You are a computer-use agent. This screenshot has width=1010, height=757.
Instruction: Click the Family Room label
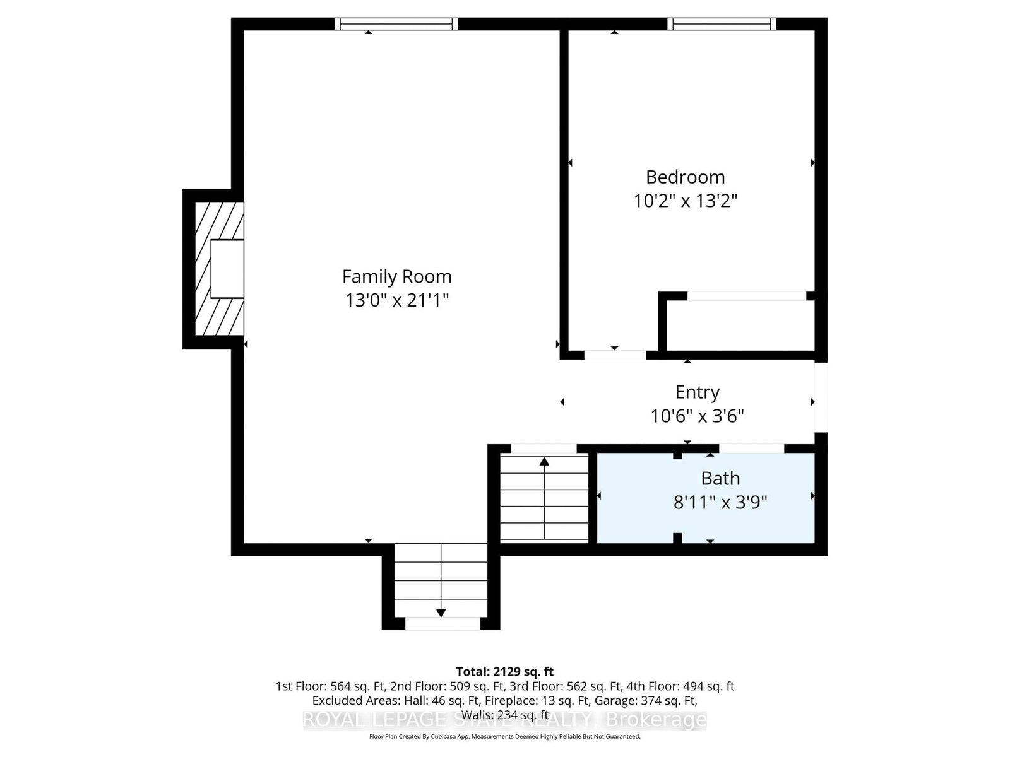pos(396,276)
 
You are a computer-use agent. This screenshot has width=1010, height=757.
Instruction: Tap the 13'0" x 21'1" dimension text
pos(396,300)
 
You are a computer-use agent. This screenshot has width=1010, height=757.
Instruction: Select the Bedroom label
pos(685,177)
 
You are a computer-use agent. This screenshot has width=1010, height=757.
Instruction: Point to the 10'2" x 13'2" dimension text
pos(685,201)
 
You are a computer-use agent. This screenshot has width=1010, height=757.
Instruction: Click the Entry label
pos(697,392)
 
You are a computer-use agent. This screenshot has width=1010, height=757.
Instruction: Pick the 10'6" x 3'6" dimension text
pos(697,416)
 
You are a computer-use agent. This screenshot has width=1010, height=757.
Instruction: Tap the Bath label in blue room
pos(720,479)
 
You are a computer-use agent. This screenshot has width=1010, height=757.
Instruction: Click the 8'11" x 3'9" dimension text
pos(720,503)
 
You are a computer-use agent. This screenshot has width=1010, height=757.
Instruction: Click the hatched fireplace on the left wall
pos(218,269)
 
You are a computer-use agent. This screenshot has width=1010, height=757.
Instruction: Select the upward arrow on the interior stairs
pos(544,462)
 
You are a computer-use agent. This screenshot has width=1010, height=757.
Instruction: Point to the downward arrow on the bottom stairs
pos(441,612)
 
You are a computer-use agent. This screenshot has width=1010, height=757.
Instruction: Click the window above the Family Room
pos(396,24)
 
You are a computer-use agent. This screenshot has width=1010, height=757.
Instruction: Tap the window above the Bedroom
pos(722,24)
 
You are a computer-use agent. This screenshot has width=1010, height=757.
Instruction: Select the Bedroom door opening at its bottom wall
pos(615,355)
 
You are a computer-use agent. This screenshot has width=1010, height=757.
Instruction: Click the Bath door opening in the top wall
pos(751,449)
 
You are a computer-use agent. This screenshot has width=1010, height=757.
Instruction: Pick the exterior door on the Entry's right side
pos(820,397)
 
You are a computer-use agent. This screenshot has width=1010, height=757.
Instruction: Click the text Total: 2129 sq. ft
pos(504,672)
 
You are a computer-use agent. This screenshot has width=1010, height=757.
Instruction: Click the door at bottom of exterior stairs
pos(442,624)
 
